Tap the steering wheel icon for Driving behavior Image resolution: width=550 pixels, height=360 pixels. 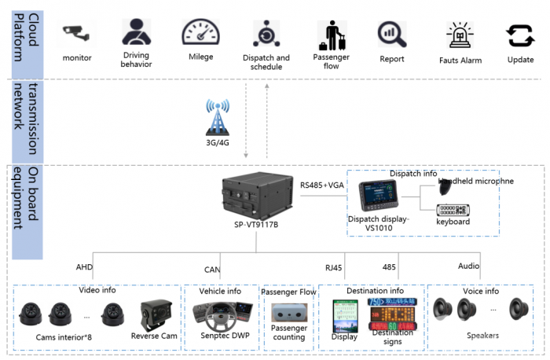[136, 31]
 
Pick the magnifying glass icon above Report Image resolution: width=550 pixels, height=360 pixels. [391, 34]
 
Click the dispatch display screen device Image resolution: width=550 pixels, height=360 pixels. [383, 197]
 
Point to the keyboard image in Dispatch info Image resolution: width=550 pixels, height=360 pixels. [453, 210]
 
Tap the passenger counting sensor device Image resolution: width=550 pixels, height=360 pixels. [288, 314]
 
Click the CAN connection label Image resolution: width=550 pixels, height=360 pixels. [212, 270]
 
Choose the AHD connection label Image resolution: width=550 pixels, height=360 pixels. [84, 267]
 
